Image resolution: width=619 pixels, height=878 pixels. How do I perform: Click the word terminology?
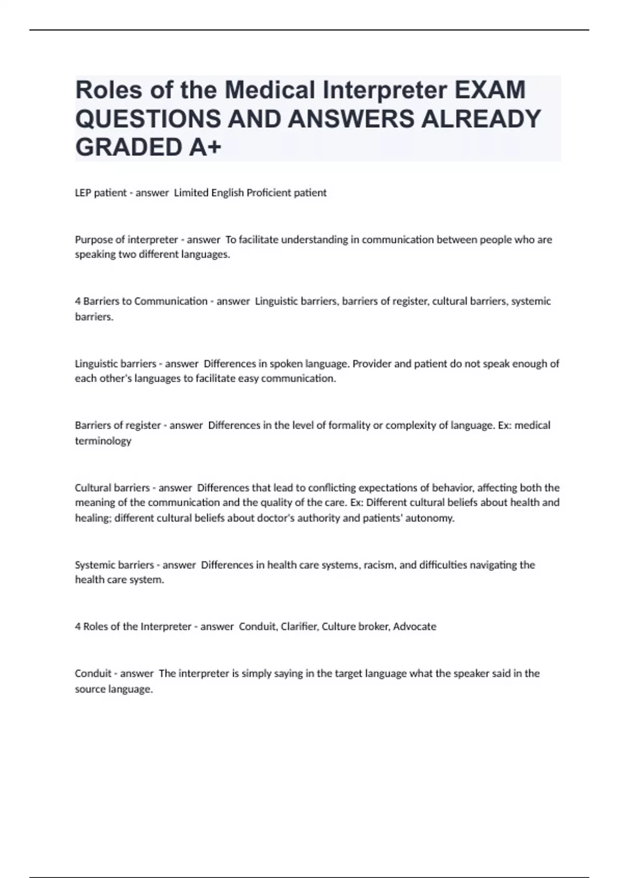[103, 441]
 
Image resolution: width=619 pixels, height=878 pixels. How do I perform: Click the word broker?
[371, 626]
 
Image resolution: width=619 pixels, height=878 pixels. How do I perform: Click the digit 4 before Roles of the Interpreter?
[78, 626]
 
